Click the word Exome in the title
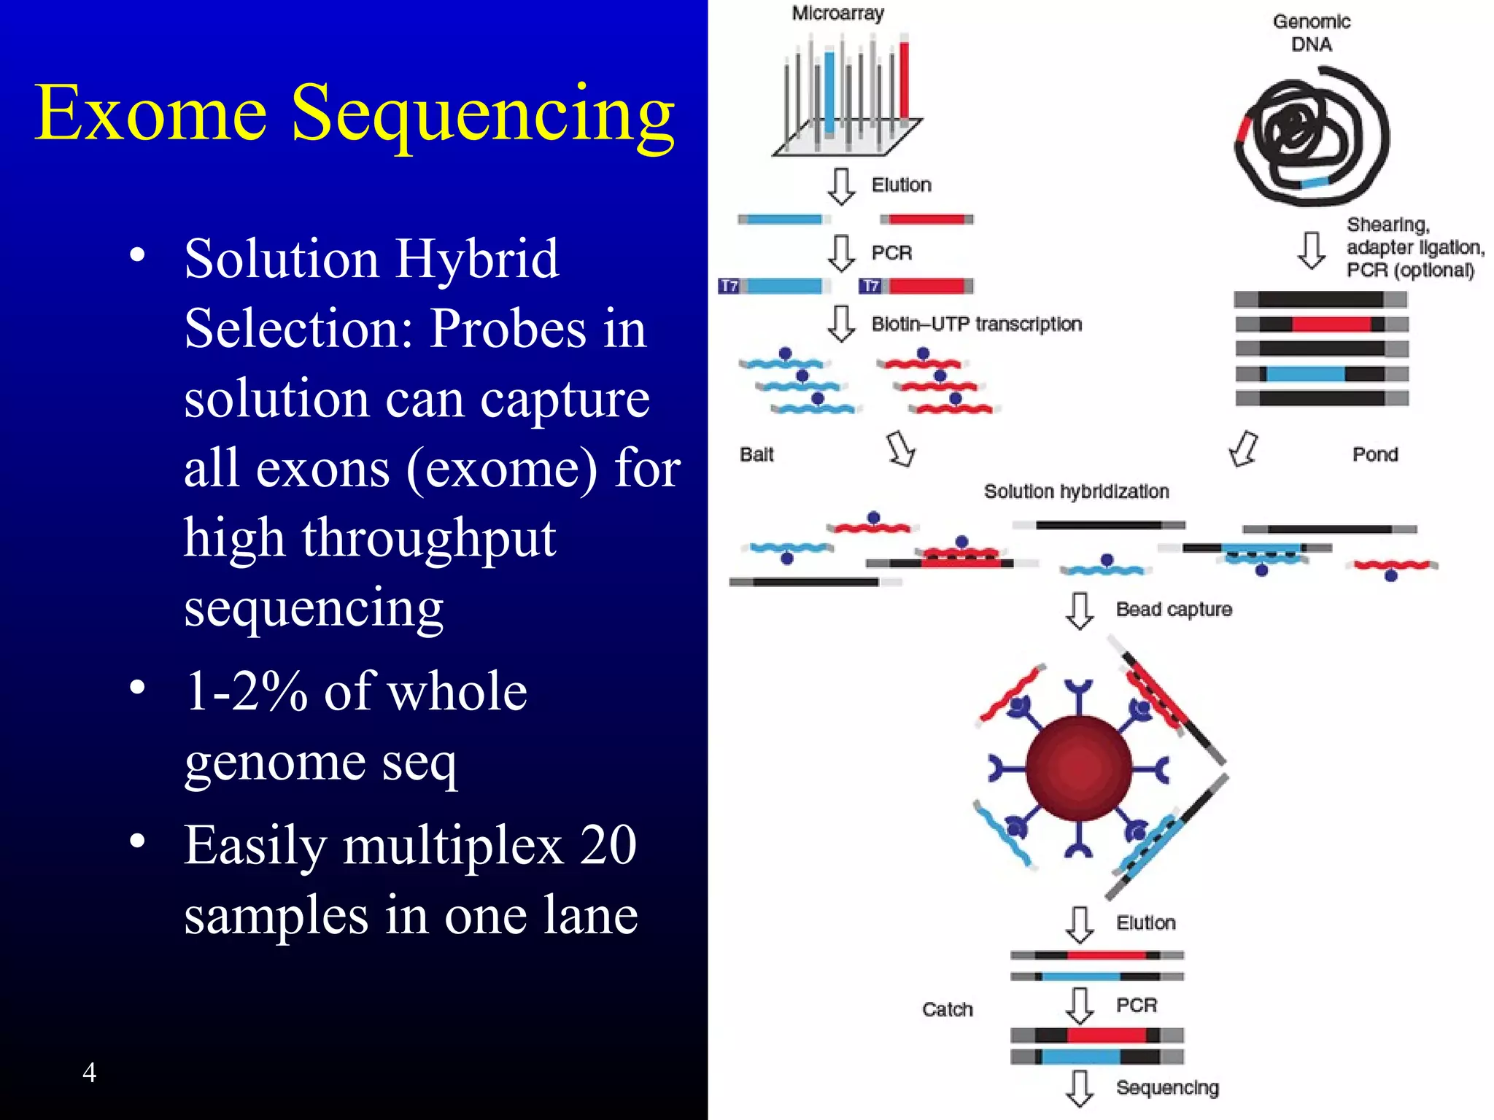point(150,113)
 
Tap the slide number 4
point(89,1072)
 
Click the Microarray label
point(837,13)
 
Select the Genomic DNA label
point(1311,33)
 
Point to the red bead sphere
point(1078,769)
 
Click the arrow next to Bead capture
point(1079,610)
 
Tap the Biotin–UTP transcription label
point(976,324)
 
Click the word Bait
point(756,454)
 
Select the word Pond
point(1374,454)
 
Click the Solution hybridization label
point(1076,491)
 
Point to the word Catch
point(947,1009)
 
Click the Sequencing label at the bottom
point(1166,1087)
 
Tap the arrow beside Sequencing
point(1079,1088)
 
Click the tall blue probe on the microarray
point(829,91)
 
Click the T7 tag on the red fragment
point(870,286)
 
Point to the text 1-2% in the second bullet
point(247,691)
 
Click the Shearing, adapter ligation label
point(1414,236)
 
